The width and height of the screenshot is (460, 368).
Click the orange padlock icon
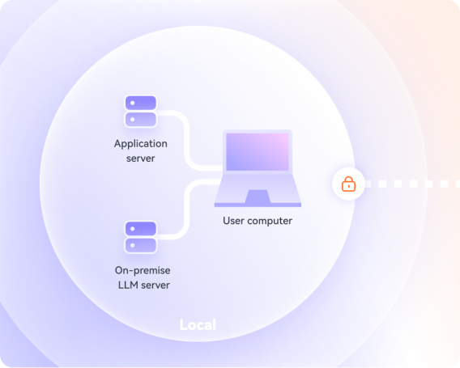[348, 184]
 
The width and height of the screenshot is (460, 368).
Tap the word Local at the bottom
[198, 324]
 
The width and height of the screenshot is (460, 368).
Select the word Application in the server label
[141, 144]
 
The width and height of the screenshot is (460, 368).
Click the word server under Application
[141, 159]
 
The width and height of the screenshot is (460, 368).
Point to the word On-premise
[143, 270]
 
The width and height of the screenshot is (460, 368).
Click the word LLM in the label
[128, 285]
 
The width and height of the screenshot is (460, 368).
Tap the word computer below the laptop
[270, 221]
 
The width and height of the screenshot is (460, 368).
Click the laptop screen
[258, 152]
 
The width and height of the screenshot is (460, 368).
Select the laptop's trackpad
[258, 197]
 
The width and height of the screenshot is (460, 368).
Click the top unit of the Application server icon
[141, 103]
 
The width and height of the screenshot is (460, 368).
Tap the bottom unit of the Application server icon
[141, 119]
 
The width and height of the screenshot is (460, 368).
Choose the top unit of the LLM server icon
[141, 229]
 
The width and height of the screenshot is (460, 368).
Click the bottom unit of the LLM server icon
[141, 245]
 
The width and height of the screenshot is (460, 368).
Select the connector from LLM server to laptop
[186, 209]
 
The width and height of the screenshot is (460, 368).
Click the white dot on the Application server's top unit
[133, 103]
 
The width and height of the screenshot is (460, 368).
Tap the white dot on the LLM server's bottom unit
[133, 245]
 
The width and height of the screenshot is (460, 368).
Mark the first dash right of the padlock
[368, 184]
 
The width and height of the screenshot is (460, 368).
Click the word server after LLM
[155, 286]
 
